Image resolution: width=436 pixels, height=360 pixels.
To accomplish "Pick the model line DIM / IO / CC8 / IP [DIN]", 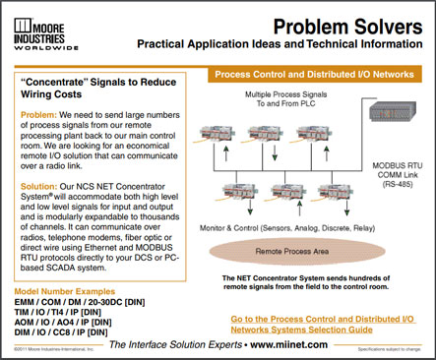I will (x=68, y=333).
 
